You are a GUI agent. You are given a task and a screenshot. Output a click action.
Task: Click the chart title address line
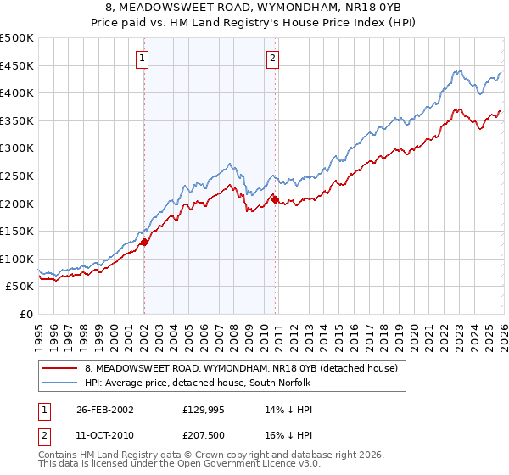(254, 8)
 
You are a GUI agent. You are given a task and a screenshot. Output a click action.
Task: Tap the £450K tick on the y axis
(17, 65)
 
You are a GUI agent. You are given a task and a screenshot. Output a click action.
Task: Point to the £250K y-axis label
(17, 176)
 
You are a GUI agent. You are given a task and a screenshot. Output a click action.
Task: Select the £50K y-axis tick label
(20, 287)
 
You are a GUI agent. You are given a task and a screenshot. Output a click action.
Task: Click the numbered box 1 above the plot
(142, 59)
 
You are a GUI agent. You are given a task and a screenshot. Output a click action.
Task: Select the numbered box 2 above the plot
(272, 59)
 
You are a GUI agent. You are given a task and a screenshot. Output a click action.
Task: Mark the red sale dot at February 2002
(144, 242)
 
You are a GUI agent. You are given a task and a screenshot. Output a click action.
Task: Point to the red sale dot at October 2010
(274, 199)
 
